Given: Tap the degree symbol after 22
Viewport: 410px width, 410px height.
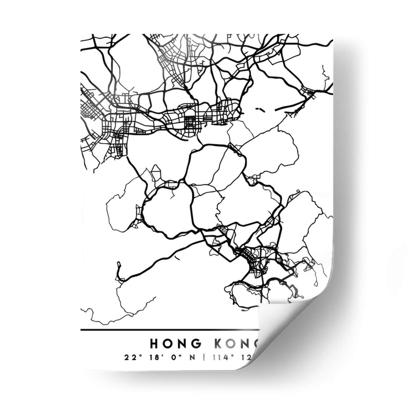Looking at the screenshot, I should pyautogui.click(x=136, y=355).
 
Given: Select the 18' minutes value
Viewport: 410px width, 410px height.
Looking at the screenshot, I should pyautogui.click(x=149, y=357).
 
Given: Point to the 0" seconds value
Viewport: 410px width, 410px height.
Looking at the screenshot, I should pyautogui.click(x=168, y=357).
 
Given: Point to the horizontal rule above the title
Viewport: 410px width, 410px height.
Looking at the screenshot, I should pyautogui.click(x=169, y=331).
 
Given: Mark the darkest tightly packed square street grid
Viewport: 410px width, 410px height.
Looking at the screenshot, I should pyautogui.click(x=191, y=122).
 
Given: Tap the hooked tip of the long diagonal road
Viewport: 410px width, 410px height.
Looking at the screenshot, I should pyautogui.click(x=119, y=266).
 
